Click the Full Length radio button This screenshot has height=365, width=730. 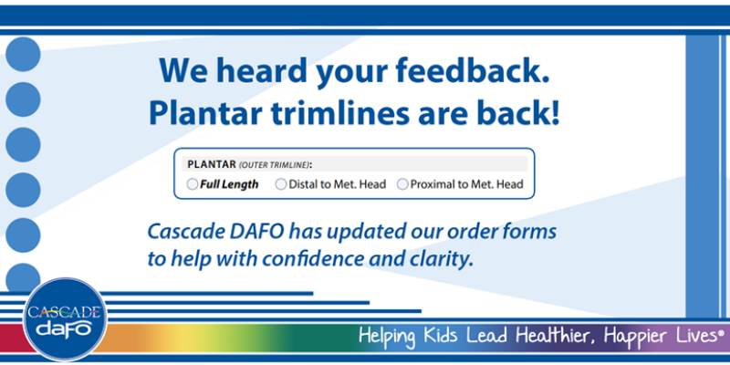tap(192, 184)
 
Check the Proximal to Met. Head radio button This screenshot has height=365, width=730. tap(402, 184)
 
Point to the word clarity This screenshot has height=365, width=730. tap(441, 258)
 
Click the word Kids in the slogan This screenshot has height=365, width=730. tap(443, 336)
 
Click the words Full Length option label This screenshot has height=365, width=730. tap(230, 184)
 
